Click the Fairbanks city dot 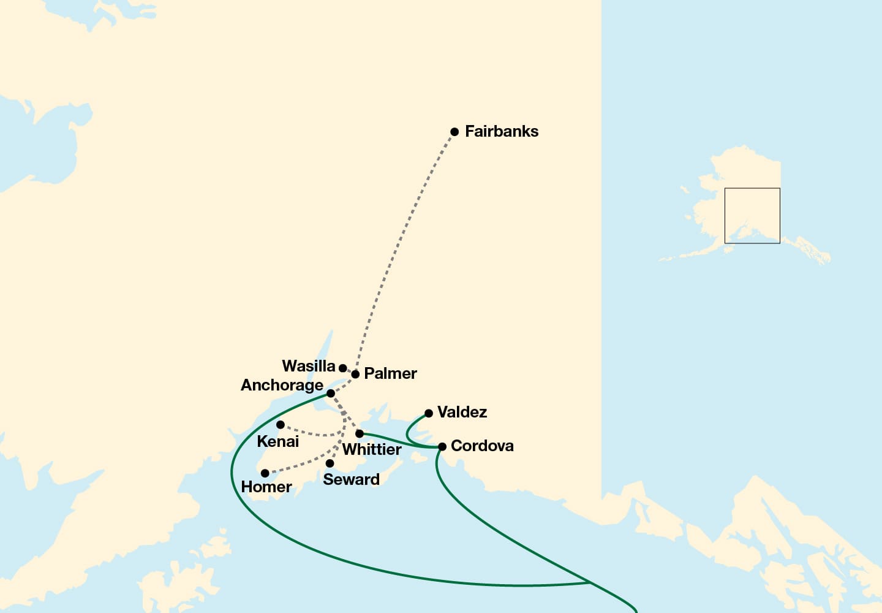(454, 132)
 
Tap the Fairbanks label (501, 131)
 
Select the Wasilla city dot (343, 368)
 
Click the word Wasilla (308, 366)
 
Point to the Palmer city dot (355, 374)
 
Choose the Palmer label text (390, 373)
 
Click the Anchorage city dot (331, 393)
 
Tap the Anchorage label (282, 385)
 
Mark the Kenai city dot (280, 425)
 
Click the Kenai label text (277, 441)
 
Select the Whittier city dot (360, 433)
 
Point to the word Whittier (372, 449)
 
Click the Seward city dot (330, 463)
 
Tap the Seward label (351, 479)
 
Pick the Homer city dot (265, 473)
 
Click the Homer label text (266, 487)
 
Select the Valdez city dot (429, 413)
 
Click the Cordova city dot (442, 446)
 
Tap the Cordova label (482, 446)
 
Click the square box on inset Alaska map (752, 216)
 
